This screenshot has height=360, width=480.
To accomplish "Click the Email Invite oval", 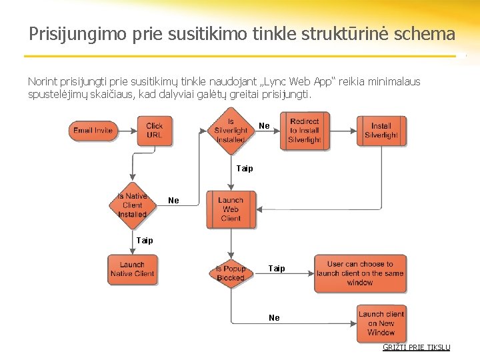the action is point(93,131).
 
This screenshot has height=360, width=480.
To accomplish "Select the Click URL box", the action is point(154,131).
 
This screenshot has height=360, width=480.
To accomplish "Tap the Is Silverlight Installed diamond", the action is point(231,131).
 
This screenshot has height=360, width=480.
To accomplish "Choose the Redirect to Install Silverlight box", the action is point(305,131).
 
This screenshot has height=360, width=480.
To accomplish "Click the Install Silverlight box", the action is point(381,131).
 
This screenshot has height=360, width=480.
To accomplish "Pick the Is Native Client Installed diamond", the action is point(132,205).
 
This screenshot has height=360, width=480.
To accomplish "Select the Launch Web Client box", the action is point(230,209).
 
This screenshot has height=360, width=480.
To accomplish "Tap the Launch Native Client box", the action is point(132,269).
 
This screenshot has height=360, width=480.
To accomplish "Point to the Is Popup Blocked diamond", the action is point(231,273).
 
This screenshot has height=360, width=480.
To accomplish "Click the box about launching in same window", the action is point(360,273).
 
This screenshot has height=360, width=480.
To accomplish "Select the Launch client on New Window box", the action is point(381,323).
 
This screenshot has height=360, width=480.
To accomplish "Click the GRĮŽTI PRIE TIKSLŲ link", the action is point(416,347).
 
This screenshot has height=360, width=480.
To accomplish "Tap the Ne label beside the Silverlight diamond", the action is point(264,126).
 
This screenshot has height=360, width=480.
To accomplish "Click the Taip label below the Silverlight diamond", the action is point(245,169).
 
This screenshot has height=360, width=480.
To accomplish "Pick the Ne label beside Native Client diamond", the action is point(173,200).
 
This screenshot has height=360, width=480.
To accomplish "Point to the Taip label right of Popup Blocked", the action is point(277,269).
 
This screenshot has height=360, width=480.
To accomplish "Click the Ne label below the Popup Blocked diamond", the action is point(274,318).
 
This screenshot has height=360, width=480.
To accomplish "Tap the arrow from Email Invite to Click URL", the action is point(126,131).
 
